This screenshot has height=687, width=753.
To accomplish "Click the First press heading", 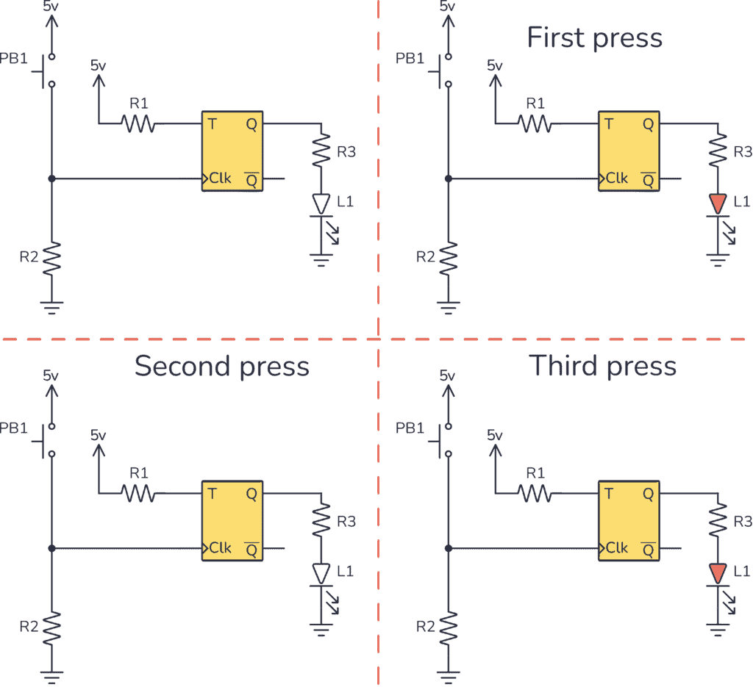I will point(594,37).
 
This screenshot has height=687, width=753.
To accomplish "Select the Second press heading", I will point(221,365).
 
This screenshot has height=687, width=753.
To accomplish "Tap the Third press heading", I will point(603,365).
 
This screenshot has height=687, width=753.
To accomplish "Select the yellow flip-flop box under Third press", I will point(629,521).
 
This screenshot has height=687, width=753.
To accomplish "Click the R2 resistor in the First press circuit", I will point(448,257).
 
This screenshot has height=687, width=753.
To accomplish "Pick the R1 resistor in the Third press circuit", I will point(535,494).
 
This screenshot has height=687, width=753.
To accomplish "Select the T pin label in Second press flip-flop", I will point(212,494).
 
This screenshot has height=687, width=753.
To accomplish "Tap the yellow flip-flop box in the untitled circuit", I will point(232,151).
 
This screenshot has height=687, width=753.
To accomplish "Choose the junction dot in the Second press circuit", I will point(51,548).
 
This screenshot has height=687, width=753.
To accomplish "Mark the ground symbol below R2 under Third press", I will point(448,672).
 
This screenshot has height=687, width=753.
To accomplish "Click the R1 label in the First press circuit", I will point(535,102).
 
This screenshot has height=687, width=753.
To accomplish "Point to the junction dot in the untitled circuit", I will point(51,179).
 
